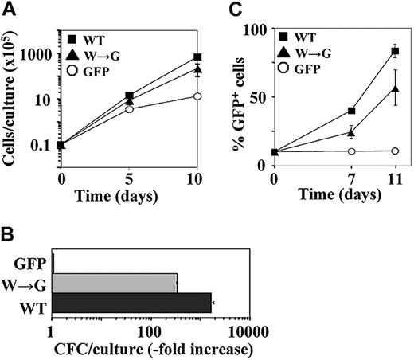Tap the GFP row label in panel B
point(30,260)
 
